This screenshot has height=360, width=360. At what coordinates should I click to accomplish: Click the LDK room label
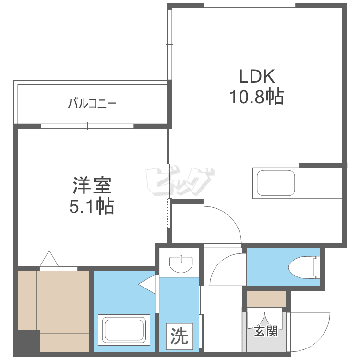pos(257,77)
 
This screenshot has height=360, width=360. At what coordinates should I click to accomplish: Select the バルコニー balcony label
pos(93,103)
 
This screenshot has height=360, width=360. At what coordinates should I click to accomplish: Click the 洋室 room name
pos(92,185)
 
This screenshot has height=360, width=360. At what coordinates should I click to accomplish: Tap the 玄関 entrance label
pos(265,331)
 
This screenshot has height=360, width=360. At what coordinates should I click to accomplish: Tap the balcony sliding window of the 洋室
pos(87,126)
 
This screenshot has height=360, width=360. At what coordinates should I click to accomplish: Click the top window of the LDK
pos(250,5)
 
